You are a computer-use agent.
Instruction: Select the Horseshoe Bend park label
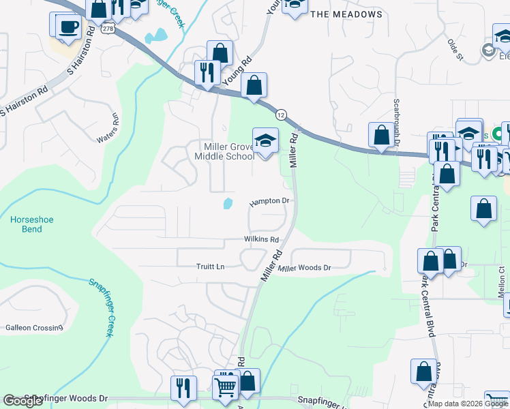click(27, 224)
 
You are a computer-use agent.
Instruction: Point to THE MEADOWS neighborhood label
click(346, 14)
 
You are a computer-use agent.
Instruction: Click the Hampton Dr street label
click(270, 202)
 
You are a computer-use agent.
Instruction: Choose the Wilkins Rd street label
click(262, 240)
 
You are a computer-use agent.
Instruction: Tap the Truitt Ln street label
click(211, 267)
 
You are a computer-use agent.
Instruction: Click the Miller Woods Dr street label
click(305, 268)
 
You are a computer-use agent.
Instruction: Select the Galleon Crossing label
click(34, 328)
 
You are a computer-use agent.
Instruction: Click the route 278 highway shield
click(108, 30)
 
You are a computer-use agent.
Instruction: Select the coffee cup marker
click(67, 27)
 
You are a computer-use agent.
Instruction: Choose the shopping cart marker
click(225, 388)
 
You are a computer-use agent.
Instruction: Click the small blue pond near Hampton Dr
click(227, 203)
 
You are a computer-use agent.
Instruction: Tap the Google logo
click(22, 401)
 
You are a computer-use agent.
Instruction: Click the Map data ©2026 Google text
click(468, 404)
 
